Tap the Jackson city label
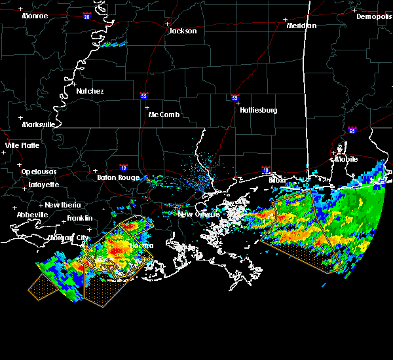pyautogui.click(x=183, y=31)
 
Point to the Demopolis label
pyautogui.click(x=373, y=16)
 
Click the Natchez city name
pyautogui.click(x=90, y=91)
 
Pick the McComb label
pyautogui.click(x=164, y=115)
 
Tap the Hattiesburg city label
pyautogui.click(x=258, y=110)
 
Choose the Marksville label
pyautogui.click(x=38, y=124)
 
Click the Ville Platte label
pyautogui.click(x=22, y=145)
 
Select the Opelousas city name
pyautogui.click(x=39, y=171)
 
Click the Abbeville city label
pyautogui.click(x=33, y=215)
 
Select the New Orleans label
pyautogui.click(x=195, y=214)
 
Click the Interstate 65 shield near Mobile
pyautogui.click(x=352, y=130)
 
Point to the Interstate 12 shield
pyautogui.click(x=124, y=168)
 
